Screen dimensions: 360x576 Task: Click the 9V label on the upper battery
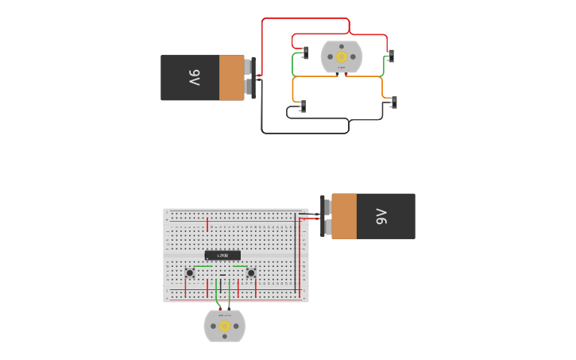[195, 78]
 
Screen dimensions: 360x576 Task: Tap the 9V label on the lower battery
[381, 216]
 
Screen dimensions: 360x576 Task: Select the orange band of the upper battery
[232, 78]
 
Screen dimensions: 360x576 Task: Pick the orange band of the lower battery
[344, 216]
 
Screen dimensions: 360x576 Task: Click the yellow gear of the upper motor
[342, 56]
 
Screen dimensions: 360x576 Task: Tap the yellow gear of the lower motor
[225, 326]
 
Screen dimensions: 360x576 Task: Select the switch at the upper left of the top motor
[305, 52]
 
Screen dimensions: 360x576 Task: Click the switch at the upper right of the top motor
[390, 56]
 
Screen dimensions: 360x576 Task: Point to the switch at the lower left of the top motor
[302, 106]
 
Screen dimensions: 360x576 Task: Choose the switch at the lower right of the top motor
[393, 103]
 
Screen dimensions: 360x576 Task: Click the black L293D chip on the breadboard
[222, 255]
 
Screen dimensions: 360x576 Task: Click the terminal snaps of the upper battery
[249, 78]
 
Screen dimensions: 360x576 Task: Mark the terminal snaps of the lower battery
[326, 216]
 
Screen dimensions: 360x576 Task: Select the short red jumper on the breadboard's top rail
[207, 224]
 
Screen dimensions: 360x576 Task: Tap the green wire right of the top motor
[384, 68]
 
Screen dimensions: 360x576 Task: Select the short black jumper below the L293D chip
[222, 275]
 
